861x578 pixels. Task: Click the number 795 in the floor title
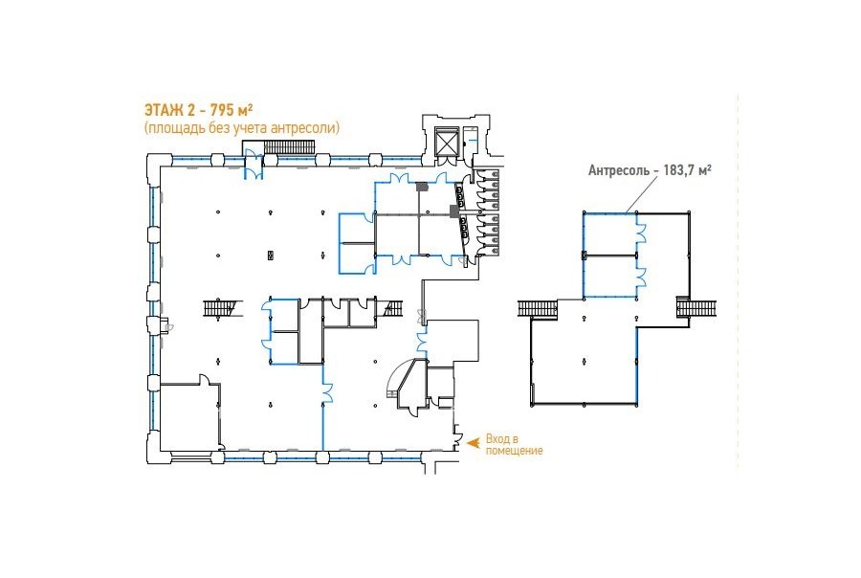pyautogui.click(x=218, y=110)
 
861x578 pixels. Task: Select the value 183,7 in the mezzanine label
pyautogui.click(x=677, y=169)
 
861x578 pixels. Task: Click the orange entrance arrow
pyautogui.click(x=472, y=440)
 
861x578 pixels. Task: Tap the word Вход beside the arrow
pyautogui.click(x=497, y=439)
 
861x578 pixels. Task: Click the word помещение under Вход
pyautogui.click(x=514, y=451)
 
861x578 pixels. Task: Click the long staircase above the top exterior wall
pyautogui.click(x=289, y=147)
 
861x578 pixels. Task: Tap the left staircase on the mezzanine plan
pyautogui.click(x=538, y=308)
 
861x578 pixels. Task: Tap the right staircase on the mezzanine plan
pyautogui.click(x=696, y=306)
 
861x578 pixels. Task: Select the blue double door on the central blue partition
pyautogui.click(x=327, y=393)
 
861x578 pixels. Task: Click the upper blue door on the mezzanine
pyautogui.click(x=641, y=233)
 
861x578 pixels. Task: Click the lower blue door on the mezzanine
pyautogui.click(x=641, y=276)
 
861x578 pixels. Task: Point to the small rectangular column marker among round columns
pyautogui.click(x=270, y=256)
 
